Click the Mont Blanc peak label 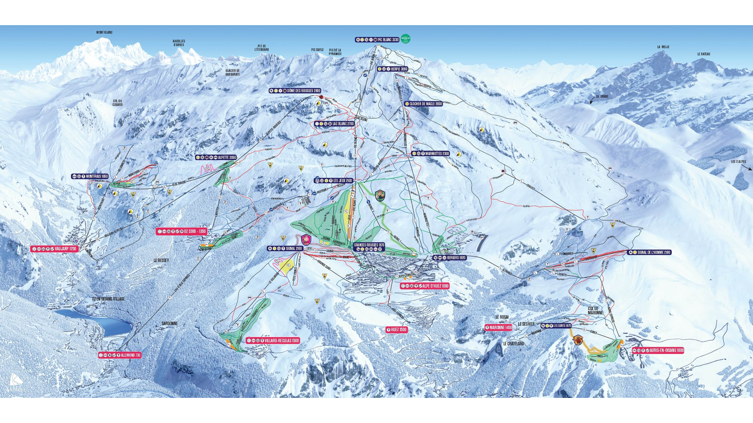click(104, 33)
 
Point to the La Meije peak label click(663, 47)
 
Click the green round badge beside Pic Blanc click(406, 39)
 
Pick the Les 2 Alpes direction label click(738, 162)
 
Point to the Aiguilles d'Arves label click(179, 43)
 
